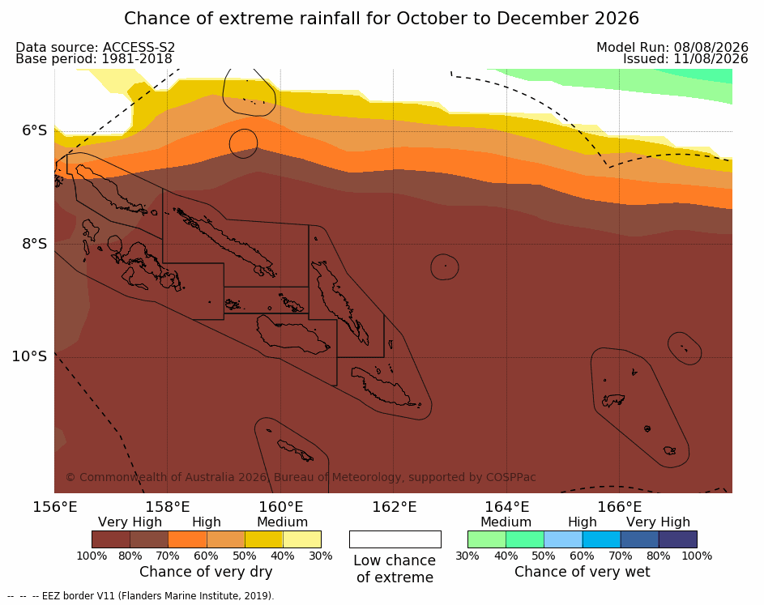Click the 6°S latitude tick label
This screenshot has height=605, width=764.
[x=34, y=130]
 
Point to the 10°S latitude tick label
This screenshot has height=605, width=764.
[x=30, y=356]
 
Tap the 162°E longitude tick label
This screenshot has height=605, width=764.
[x=395, y=507]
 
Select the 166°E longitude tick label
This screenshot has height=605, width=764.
[x=619, y=507]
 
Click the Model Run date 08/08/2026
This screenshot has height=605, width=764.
[x=711, y=47]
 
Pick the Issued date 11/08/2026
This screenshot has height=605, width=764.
[x=711, y=59]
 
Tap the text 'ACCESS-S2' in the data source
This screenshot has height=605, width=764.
[x=139, y=47]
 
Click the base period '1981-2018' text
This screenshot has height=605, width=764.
[x=136, y=59]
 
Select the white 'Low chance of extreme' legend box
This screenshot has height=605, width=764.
[x=395, y=539]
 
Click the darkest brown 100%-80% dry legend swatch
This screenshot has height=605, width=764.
[x=111, y=539]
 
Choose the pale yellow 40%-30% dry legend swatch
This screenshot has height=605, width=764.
[x=302, y=539]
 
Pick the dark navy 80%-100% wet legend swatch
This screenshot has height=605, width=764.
[x=678, y=539]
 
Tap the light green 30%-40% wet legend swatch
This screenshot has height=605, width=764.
[x=487, y=539]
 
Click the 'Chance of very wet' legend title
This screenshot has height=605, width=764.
[x=583, y=572]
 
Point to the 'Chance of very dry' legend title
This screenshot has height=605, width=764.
[x=206, y=572]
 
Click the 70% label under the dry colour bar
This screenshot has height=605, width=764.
[x=168, y=556]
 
